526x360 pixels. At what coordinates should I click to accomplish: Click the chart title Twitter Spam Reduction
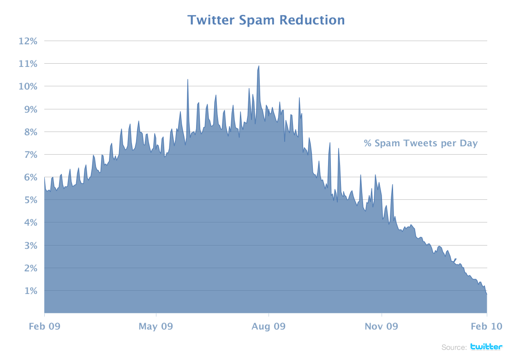(x=266, y=20)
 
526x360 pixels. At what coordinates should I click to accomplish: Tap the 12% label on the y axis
(x=28, y=41)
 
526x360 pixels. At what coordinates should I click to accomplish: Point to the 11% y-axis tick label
(x=28, y=64)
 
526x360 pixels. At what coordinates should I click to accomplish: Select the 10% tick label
(x=28, y=86)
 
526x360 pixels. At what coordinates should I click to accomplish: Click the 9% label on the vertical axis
(x=30, y=109)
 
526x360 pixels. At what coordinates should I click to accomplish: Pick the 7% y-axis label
(x=30, y=155)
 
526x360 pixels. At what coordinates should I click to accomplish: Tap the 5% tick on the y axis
(x=30, y=200)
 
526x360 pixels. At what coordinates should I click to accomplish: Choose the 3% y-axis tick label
(x=30, y=246)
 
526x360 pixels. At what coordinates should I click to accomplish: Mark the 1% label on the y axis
(x=30, y=291)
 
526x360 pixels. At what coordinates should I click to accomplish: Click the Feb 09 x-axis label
(x=44, y=327)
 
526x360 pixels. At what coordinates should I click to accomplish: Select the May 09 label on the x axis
(x=156, y=327)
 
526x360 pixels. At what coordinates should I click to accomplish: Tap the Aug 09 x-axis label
(x=269, y=327)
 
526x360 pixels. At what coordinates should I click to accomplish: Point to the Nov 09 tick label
(x=381, y=327)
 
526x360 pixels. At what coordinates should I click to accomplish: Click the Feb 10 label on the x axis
(x=486, y=327)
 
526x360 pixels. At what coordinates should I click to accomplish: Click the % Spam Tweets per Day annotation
(x=420, y=144)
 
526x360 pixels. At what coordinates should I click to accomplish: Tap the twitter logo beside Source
(x=486, y=347)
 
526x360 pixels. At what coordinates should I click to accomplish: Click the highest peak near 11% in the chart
(x=259, y=66)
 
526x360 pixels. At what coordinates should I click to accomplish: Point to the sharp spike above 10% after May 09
(x=187, y=80)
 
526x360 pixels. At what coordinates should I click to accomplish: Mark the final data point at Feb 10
(x=487, y=294)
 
